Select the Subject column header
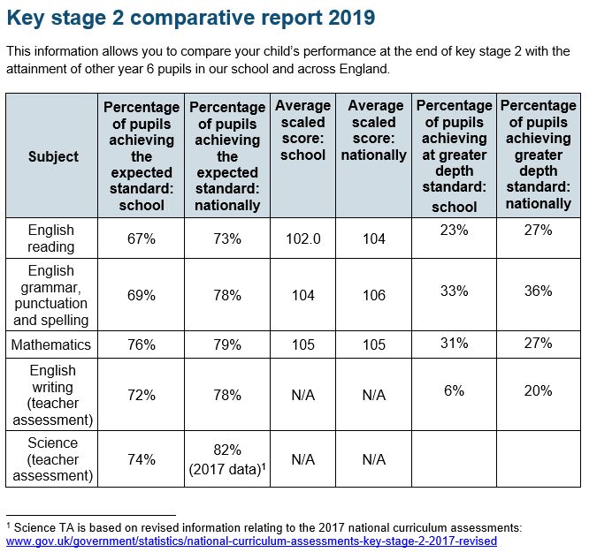53,156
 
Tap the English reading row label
51,238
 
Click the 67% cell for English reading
142,238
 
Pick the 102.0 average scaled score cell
303,238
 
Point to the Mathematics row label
51,344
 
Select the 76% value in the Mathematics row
142,344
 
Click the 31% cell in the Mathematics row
455,343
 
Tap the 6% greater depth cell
455,390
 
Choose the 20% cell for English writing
538,390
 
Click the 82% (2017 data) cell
227,459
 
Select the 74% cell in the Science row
142,459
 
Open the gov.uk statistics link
252,541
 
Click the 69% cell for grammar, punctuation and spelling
142,295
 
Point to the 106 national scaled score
374,295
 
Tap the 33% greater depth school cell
455,291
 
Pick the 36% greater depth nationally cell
538,291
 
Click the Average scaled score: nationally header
374,131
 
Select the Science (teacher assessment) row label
53,459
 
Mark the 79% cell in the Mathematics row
227,344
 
